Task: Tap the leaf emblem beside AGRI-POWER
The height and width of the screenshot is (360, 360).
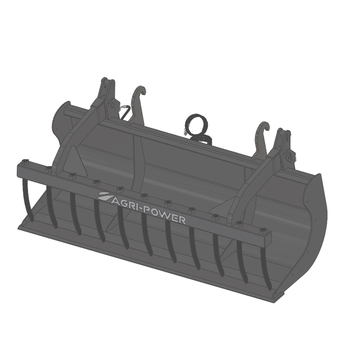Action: [x=105, y=196]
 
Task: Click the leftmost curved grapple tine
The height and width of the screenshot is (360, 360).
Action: [x=28, y=200]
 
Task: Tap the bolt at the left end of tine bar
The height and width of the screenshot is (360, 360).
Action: [x=25, y=163]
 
